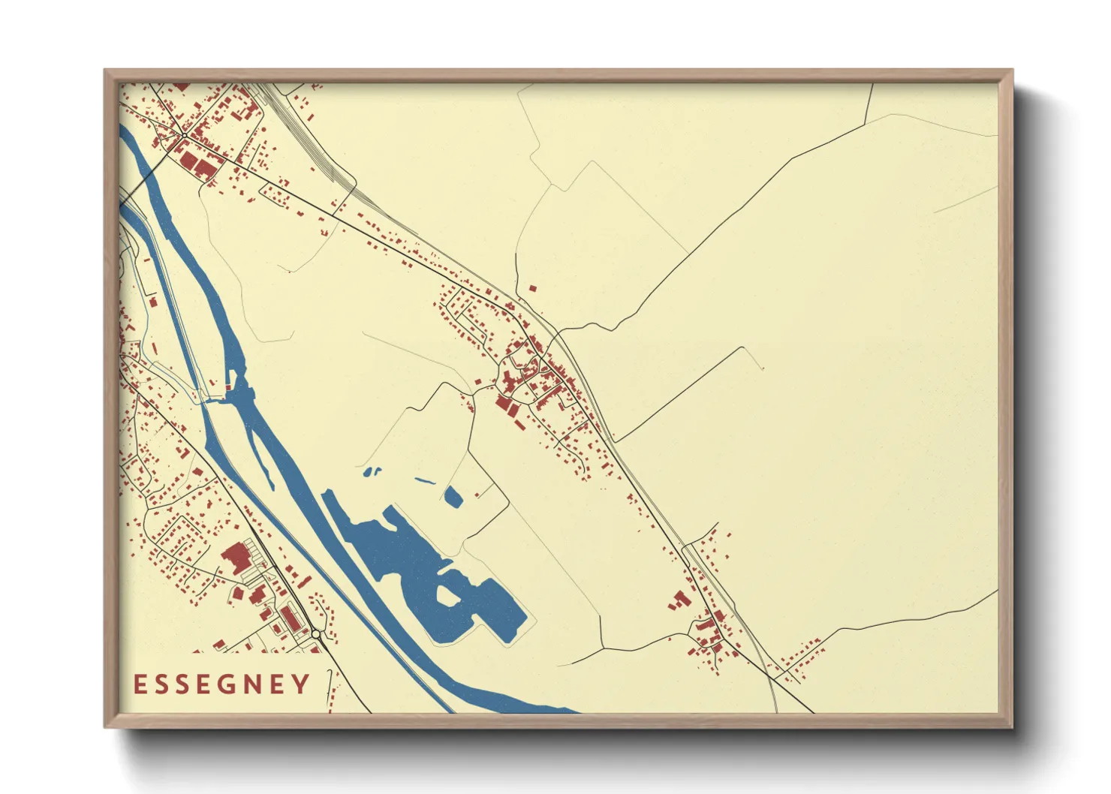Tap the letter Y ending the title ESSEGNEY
pyautogui.click(x=301, y=684)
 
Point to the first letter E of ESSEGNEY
pyautogui.click(x=140, y=684)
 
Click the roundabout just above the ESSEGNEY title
pyautogui.click(x=316, y=634)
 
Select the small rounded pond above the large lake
pyautogui.click(x=453, y=496)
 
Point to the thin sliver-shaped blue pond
pyautogui.click(x=424, y=480)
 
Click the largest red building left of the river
pyautogui.click(x=236, y=558)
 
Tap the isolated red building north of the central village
pyautogui.click(x=533, y=287)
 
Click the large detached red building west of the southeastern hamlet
pyautogui.click(x=680, y=600)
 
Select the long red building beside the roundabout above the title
pyautogui.click(x=290, y=619)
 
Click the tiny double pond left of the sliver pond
pyautogui.click(x=371, y=472)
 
